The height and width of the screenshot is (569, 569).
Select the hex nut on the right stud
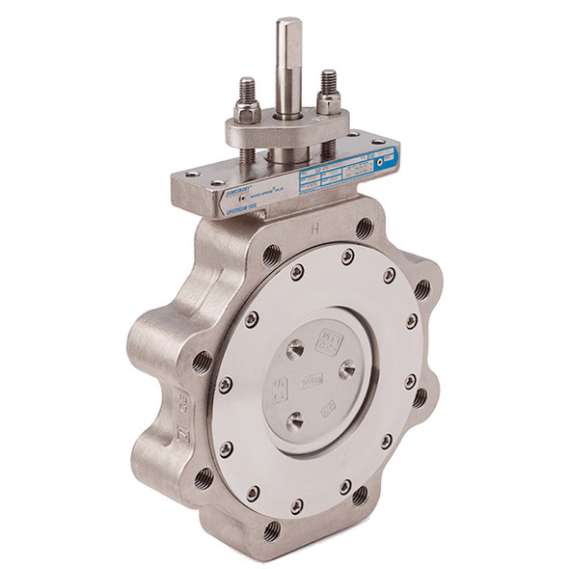click(329, 101)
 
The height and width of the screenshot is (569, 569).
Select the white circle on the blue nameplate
click(385, 162)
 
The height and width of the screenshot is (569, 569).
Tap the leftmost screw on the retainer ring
click(225, 384)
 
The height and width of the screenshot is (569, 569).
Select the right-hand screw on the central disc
click(347, 369)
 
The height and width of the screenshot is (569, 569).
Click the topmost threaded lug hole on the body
click(364, 228)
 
